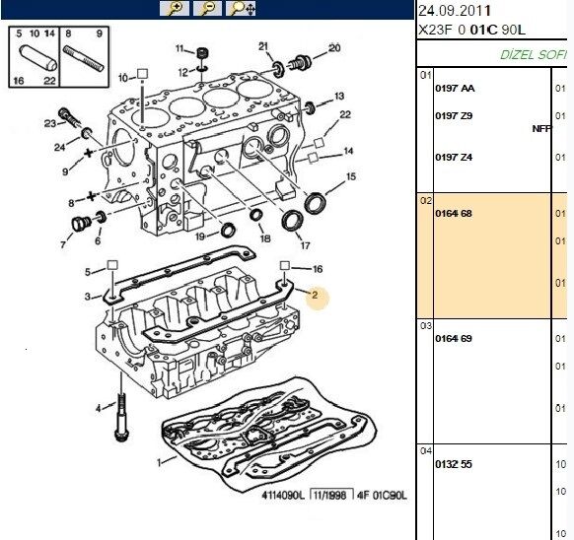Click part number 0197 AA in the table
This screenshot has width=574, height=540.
coord(454,89)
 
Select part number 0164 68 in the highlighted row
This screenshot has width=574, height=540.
coord(454,213)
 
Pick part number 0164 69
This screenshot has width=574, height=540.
coord(454,338)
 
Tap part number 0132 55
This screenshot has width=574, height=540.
coord(454,463)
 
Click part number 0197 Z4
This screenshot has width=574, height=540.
coord(454,157)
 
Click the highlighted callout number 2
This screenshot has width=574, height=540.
coord(315,294)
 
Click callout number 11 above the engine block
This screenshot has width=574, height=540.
coord(179,48)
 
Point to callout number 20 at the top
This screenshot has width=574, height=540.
coord(334,47)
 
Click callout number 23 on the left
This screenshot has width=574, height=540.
coord(50,123)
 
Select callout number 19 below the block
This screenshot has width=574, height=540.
coord(200,236)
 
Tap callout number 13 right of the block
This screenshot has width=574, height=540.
coord(339,97)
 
